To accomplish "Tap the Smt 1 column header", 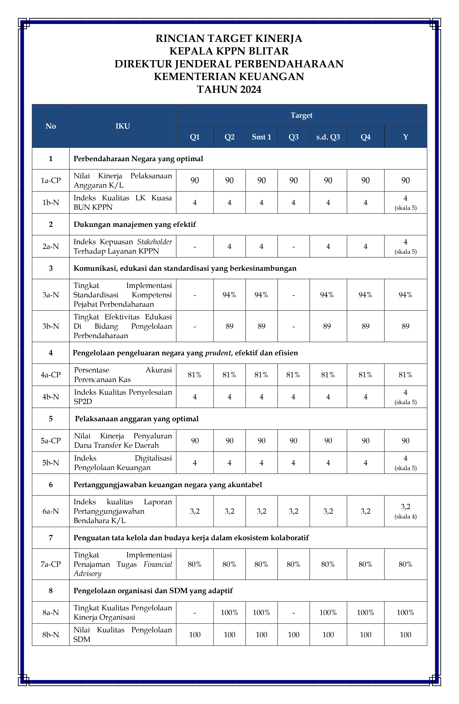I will pyautogui.click(x=261, y=137).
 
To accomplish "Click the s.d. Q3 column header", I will pyautogui.click(x=328, y=137).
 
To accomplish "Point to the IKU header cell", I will pyautogui.click(x=123, y=126).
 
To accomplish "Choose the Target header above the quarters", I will pyautogui.click(x=301, y=115).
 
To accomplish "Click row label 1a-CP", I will pyautogui.click(x=51, y=180).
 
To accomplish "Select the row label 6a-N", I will pyautogui.click(x=51, y=511).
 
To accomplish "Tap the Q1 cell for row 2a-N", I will pyautogui.click(x=195, y=246).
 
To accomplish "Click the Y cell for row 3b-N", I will pyautogui.click(x=406, y=326).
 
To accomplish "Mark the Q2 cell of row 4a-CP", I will pyautogui.click(x=229, y=375).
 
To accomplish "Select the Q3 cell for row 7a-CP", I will pyautogui.click(x=293, y=564).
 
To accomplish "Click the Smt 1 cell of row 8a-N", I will pyautogui.click(x=261, y=613).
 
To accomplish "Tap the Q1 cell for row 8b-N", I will pyautogui.click(x=195, y=635).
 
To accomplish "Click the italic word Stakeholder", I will pyautogui.click(x=155, y=242).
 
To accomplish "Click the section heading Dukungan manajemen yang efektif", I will pyautogui.click(x=135, y=224).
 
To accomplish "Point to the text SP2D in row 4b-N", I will pyautogui.click(x=83, y=401).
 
